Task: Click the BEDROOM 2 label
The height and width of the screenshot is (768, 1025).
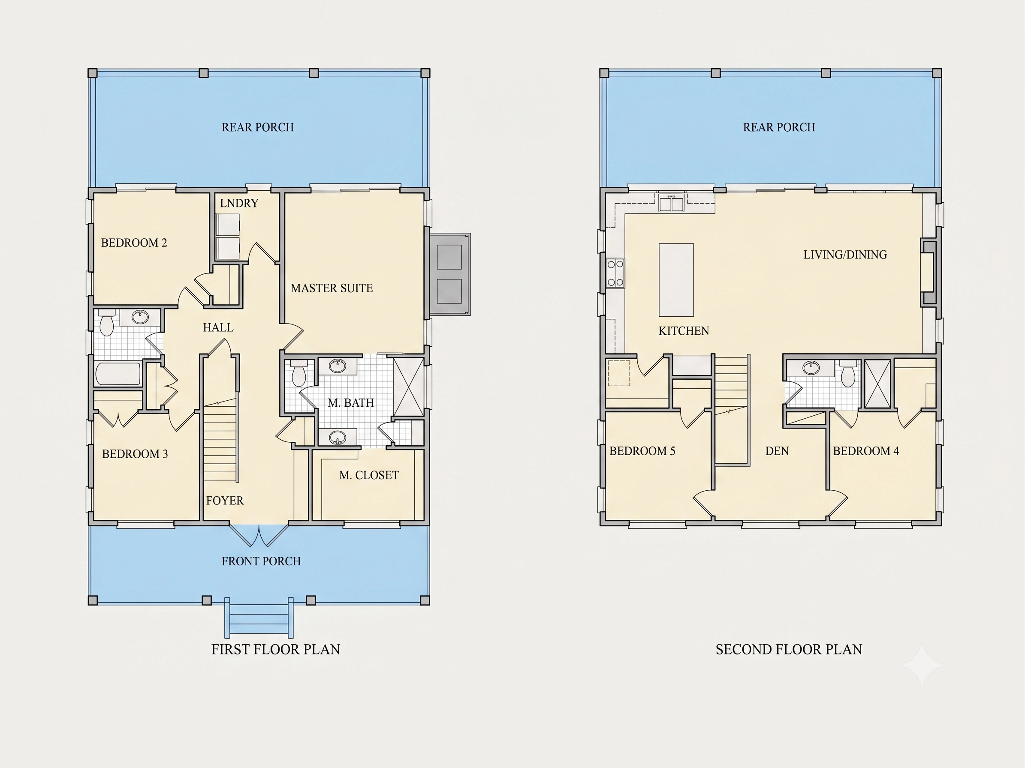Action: click(134, 243)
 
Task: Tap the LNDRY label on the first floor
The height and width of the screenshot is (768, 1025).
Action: click(239, 203)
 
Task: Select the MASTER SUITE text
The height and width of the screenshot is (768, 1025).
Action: click(332, 288)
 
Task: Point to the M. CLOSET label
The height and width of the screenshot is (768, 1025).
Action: click(369, 475)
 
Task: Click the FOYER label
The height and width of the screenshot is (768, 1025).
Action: click(225, 501)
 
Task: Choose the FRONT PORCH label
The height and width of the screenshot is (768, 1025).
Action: click(261, 561)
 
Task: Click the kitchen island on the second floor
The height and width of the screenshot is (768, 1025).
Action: click(676, 280)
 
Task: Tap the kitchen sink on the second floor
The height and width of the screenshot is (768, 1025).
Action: click(672, 203)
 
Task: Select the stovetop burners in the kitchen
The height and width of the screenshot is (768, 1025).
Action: click(615, 273)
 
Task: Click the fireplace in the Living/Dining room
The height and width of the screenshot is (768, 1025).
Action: click(928, 272)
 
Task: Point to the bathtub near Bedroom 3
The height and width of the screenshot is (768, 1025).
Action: click(118, 374)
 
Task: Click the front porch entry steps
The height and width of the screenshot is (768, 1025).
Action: click(259, 618)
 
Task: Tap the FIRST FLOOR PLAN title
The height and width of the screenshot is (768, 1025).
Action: click(276, 649)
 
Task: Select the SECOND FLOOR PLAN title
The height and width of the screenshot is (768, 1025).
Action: click(789, 649)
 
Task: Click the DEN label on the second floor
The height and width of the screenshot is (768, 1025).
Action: click(777, 451)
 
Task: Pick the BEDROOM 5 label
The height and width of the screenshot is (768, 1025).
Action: click(642, 451)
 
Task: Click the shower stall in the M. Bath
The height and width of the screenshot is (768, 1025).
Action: click(408, 386)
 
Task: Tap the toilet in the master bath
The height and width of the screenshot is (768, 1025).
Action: click(298, 373)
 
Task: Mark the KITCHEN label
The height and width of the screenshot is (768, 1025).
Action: click(684, 330)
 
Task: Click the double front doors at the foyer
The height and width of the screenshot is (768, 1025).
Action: click(259, 535)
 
